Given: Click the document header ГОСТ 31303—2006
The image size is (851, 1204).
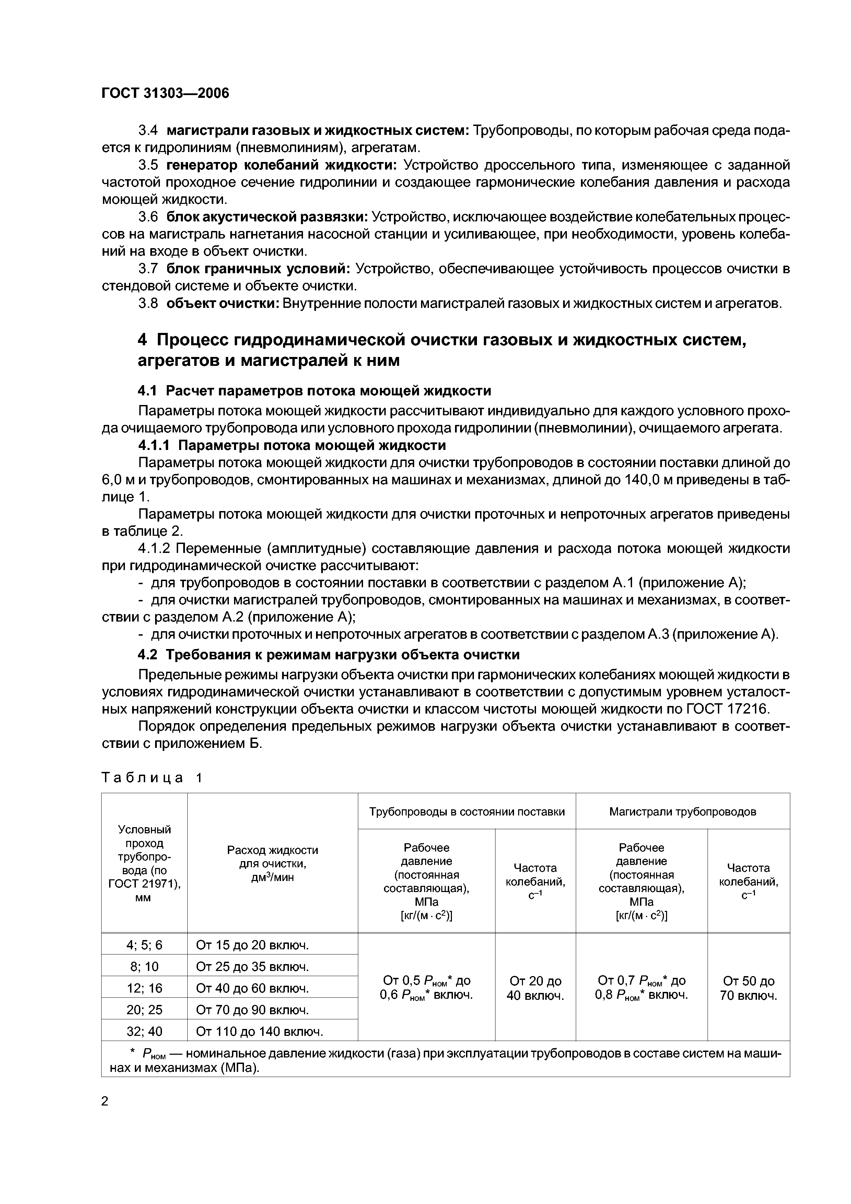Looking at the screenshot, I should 165,93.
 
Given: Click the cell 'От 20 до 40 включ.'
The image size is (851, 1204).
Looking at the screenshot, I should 535,988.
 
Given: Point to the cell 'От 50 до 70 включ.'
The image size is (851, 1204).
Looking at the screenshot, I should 748,988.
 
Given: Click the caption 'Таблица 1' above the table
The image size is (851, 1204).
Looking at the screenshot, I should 152,778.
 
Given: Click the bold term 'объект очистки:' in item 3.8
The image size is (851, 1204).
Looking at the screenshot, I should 223,304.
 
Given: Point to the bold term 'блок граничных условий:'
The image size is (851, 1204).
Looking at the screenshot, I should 258,269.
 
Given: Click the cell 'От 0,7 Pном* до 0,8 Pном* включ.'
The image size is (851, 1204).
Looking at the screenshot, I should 641,988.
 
